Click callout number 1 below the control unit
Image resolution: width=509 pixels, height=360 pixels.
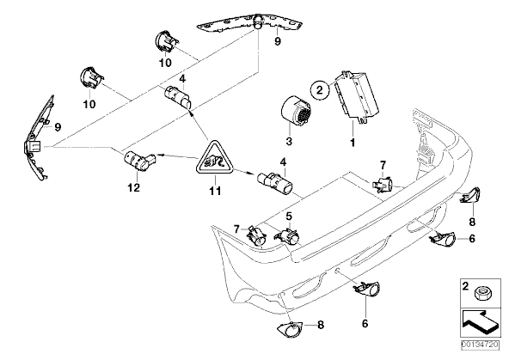coord(351,140)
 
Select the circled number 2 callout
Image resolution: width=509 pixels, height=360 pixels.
coord(318,88)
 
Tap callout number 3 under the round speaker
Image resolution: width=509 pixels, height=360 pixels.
coord(290,140)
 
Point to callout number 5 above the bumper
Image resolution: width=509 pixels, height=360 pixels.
coord(289,216)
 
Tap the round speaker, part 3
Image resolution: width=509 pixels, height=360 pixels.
coord(291,113)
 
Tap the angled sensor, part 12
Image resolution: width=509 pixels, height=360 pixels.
coord(137,158)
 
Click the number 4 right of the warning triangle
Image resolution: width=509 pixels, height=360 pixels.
coord(283,161)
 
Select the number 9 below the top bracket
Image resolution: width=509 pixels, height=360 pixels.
coord(277,41)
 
